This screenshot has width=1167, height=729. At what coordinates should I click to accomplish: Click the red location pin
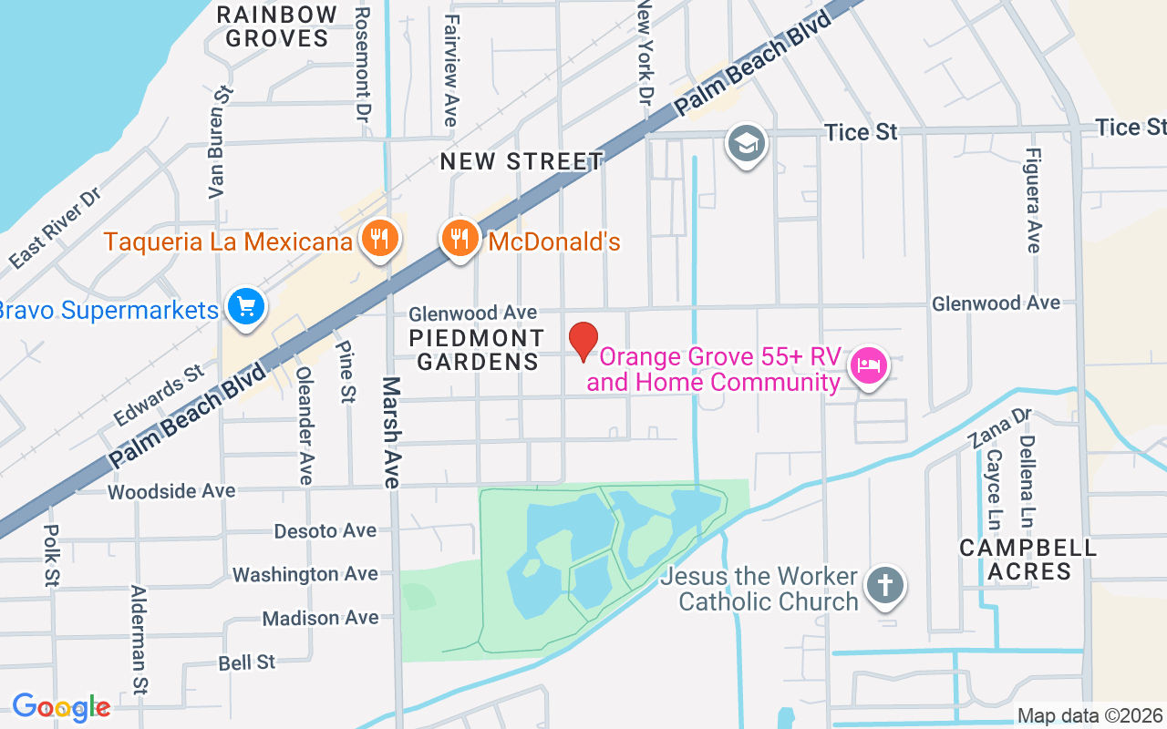pos(583,341)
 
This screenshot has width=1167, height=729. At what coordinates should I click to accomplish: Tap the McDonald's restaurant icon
pos(460,239)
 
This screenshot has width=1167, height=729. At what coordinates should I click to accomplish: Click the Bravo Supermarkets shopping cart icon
pos(245,307)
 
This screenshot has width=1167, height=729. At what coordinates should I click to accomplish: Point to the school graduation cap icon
pos(746,143)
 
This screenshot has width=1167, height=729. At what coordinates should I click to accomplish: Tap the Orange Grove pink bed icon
pos(868,366)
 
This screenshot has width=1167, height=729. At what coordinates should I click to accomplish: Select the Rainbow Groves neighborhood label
pos(277,26)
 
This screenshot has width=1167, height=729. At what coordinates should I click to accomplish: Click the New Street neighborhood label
pos(522,162)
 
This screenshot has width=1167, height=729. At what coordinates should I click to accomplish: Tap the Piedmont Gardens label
pos(476,350)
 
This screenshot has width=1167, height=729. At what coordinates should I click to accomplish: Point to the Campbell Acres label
pos(1028,560)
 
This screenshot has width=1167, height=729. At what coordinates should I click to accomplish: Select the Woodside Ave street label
pos(171,491)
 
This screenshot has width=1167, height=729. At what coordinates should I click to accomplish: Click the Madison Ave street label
pos(320,618)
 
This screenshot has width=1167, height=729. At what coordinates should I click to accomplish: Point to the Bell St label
pos(247,662)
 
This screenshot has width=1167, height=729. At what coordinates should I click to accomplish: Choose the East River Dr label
pos(54,229)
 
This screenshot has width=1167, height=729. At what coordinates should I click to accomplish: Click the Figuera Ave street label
pos(1032,200)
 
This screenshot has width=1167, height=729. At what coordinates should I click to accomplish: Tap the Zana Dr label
pos(999,428)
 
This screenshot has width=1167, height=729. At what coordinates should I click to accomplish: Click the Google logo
pos(61,707)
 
